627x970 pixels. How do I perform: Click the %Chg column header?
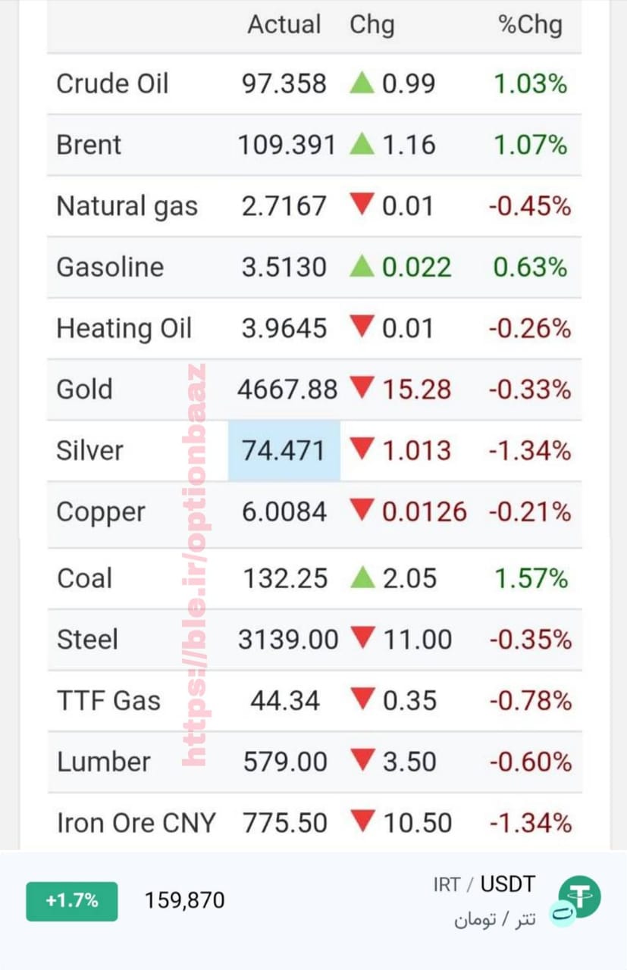point(531,25)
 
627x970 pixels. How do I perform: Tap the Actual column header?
point(284,24)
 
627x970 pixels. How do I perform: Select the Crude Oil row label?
point(112,83)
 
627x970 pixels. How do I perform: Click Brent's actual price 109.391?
point(287,145)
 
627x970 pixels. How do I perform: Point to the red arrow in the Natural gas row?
point(362,204)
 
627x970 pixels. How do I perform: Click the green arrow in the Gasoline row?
point(362,265)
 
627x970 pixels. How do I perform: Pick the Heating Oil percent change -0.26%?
point(530,328)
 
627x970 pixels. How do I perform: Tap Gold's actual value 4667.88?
point(287,390)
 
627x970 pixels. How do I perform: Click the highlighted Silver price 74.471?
point(284,450)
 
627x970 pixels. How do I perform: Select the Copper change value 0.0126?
point(425,512)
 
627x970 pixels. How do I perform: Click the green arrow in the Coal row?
point(362,577)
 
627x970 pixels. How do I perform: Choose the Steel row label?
point(87,640)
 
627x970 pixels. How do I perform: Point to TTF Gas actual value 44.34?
point(285,701)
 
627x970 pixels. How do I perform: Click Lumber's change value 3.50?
point(409,762)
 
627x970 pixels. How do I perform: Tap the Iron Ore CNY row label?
point(136,823)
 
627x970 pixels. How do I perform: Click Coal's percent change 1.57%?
point(531,578)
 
